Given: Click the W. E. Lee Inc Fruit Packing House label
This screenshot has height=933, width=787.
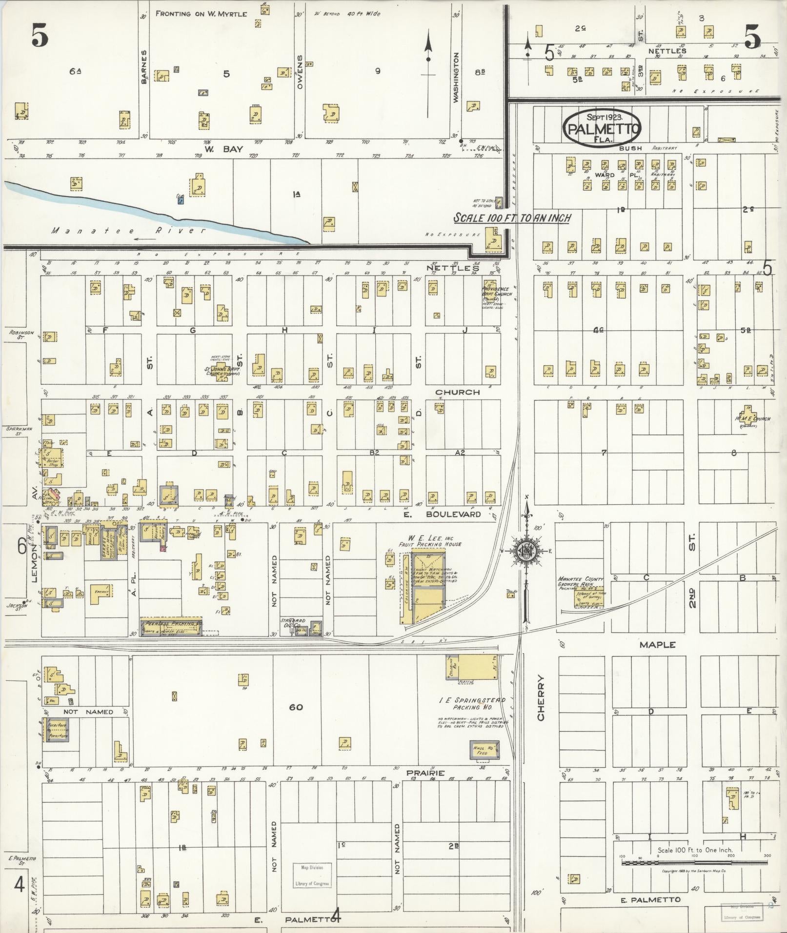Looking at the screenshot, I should point(429,540).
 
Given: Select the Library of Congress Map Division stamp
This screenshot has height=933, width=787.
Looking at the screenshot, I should point(311,875).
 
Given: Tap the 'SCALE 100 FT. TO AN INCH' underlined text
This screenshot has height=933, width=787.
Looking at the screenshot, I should point(512,218).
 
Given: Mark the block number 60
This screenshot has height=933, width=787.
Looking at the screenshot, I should point(296,707).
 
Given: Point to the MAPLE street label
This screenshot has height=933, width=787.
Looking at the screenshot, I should point(657,645).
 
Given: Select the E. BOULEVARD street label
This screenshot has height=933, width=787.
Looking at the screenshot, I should point(442,514).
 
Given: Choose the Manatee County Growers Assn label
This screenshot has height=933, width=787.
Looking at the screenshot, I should point(581,581).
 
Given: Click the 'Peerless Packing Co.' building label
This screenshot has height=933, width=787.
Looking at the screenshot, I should point(172,624).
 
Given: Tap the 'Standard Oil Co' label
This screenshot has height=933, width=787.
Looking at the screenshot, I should point(293,623).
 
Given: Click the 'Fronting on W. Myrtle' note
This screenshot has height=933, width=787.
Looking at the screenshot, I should point(201,14).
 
